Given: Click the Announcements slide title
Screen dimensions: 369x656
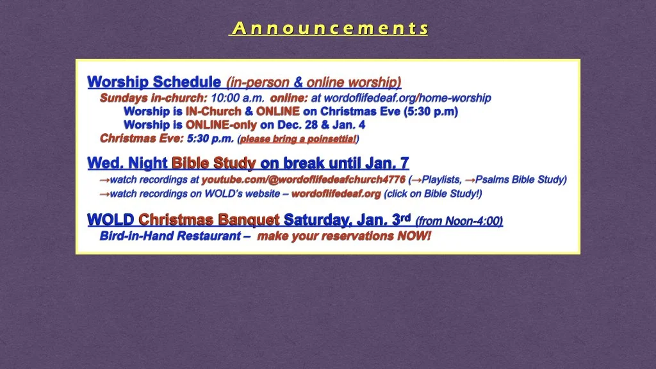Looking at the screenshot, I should coord(330,28).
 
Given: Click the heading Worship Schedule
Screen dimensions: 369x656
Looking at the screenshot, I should coord(154,82).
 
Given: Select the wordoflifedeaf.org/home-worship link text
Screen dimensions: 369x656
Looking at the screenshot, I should coord(401,98).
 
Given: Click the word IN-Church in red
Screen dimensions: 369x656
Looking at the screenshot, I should coord(213,111).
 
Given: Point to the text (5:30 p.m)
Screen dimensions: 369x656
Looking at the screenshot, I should coord(431,111).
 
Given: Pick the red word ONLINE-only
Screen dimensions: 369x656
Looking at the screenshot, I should coord(221,125).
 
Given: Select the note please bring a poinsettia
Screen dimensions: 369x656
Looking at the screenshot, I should coord(298,139).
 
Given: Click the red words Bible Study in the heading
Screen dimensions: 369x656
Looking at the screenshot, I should coord(214,163).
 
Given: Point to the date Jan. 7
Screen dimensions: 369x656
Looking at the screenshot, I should coord(387,163).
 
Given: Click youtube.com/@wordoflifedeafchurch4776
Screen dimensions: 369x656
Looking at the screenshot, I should coord(304,179).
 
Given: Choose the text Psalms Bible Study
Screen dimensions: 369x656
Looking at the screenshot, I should coord(520,179).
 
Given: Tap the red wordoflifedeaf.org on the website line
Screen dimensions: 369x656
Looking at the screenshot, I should coord(336,193).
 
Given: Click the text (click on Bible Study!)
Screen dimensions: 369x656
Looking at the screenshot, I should coord(433,193).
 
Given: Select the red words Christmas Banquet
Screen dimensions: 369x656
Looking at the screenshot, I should coord(209,220).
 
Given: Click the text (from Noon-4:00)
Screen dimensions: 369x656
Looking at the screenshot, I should coord(459,221).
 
